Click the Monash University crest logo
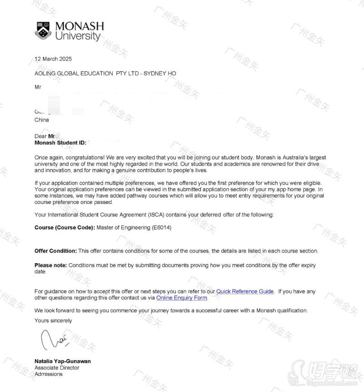click(43, 31)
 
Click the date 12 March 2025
click(53, 59)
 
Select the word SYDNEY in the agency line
click(155, 73)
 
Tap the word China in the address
click(42, 120)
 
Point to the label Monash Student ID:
click(60, 143)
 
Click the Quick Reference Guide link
click(245, 291)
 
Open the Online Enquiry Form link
click(182, 298)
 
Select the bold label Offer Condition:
click(56, 251)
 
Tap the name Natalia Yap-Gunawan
click(62, 361)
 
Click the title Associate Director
click(57, 367)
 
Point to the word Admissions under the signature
click(49, 374)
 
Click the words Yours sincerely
click(53, 321)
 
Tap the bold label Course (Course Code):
click(65, 227)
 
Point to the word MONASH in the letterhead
click(80, 26)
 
